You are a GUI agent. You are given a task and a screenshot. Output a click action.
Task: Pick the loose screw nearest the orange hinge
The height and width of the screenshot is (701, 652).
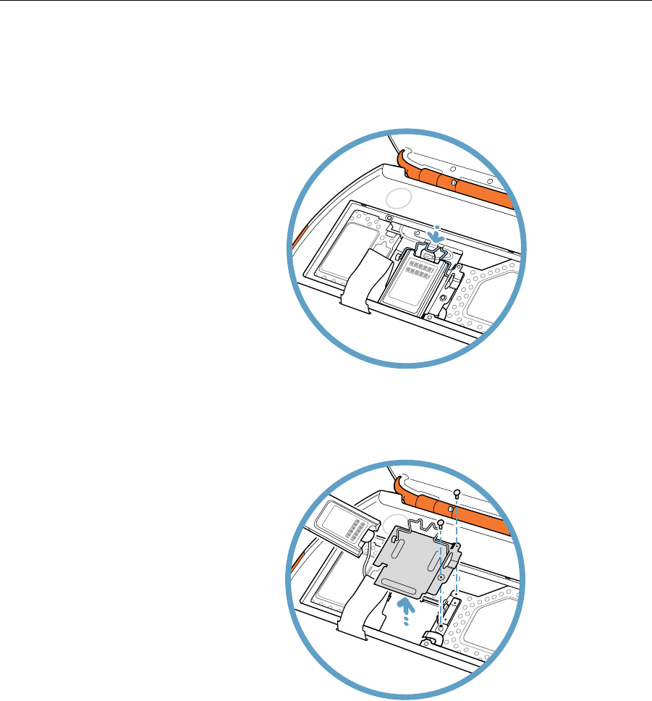point(457,492)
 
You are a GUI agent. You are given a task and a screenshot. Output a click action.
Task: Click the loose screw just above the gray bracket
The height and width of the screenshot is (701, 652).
point(439,523)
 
